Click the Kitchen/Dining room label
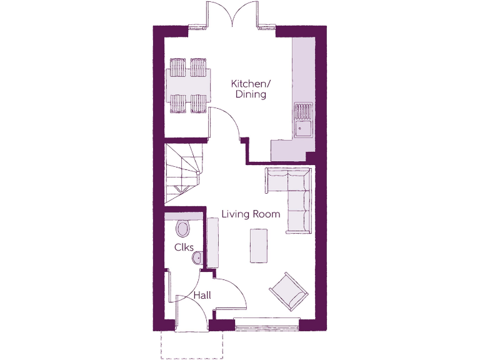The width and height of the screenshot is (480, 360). pyautogui.click(x=249, y=89)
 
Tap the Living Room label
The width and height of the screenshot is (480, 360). pyautogui.click(x=251, y=214)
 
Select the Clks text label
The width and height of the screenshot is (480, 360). pyautogui.click(x=184, y=247)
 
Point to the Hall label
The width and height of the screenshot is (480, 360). pyautogui.click(x=201, y=295)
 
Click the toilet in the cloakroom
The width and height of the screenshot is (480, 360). pyautogui.click(x=183, y=228)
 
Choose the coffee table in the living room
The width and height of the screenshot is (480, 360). pyautogui.click(x=259, y=246)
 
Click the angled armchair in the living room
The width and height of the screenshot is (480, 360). pyautogui.click(x=289, y=291)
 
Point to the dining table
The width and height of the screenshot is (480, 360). pyautogui.click(x=189, y=86)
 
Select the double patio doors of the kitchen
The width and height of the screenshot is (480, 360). pyautogui.click(x=232, y=16)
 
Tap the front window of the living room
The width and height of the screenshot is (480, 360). pyautogui.click(x=267, y=324)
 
